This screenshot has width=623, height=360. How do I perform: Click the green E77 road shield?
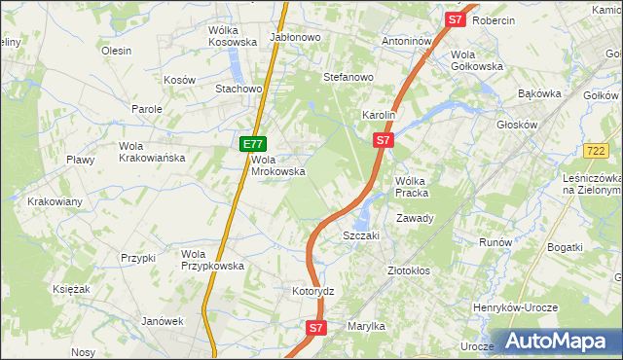pos(251,144)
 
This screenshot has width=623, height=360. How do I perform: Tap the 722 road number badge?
pos(597,151)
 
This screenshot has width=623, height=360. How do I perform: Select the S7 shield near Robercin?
pos(456,18)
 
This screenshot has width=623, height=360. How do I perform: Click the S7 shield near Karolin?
pos(384,141)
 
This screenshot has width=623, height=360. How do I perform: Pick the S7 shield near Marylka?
pos(315,329)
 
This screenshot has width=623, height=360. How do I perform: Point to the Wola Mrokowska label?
pos(278,165)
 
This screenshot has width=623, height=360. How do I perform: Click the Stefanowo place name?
pos(348,76)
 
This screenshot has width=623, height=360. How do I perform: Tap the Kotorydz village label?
pos(313,291)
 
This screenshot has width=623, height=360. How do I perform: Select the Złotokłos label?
pos(408,270)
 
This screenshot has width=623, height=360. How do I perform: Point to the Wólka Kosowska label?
pos(232,36)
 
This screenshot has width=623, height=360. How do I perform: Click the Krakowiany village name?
pos(55,201)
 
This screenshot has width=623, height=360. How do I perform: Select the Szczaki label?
pos(360,236)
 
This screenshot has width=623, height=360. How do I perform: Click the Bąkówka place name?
pos(541,94)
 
